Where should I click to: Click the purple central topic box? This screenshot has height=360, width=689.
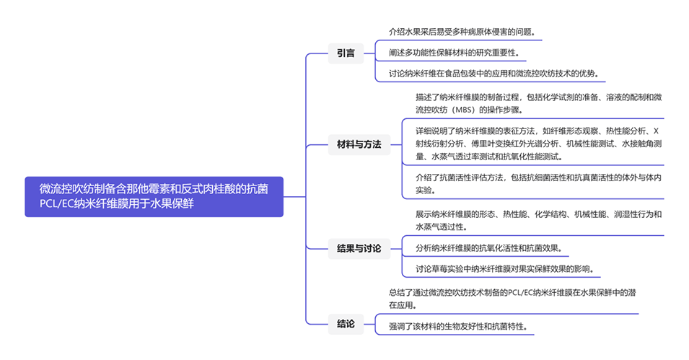(x=154, y=196)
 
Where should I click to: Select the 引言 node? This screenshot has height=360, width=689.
(x=346, y=53)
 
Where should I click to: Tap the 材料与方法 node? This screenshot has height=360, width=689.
(x=359, y=144)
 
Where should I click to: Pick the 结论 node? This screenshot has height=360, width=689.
(x=346, y=324)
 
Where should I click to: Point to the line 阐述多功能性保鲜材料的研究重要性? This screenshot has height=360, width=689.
(x=452, y=53)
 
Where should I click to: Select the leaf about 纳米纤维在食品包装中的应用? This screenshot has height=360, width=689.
(x=493, y=74)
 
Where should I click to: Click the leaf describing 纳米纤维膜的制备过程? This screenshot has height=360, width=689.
(x=537, y=103)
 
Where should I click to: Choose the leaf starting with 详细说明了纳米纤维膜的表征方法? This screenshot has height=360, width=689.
(x=537, y=144)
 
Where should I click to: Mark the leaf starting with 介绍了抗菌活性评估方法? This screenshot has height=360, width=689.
(x=537, y=184)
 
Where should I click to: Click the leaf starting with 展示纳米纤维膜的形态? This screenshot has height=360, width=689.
(x=537, y=220)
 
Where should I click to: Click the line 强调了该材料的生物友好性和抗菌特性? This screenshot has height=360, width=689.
(x=462, y=326)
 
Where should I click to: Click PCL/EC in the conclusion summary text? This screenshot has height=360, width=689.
(x=522, y=292)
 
